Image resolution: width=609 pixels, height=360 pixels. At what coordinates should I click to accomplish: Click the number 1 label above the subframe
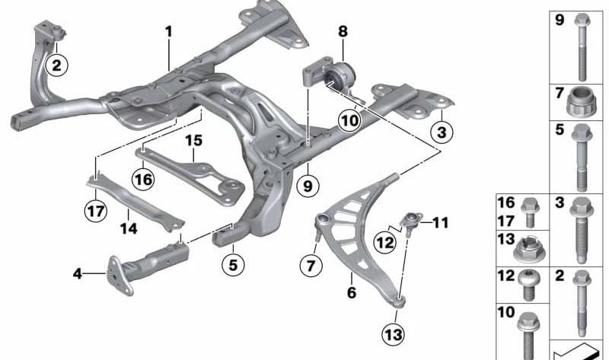(x=168, y=31)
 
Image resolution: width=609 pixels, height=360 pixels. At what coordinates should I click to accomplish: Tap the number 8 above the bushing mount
(x=343, y=31)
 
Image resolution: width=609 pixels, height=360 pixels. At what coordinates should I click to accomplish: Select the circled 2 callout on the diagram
(x=56, y=65)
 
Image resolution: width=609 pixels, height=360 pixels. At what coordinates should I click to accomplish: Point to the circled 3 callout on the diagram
(x=442, y=132)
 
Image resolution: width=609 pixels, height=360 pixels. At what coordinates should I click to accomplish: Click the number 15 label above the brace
(x=193, y=140)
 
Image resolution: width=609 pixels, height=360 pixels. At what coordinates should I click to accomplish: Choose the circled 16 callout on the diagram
(x=143, y=180)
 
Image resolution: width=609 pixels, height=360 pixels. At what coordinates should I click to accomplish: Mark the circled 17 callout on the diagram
(x=96, y=211)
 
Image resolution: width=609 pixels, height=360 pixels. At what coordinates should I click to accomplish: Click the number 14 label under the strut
(x=129, y=228)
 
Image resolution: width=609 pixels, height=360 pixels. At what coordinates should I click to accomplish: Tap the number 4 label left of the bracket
(x=78, y=274)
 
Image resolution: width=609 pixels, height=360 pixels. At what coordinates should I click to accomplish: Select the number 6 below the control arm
(x=352, y=292)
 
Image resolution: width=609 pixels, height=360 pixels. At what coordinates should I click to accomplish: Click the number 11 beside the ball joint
(x=441, y=222)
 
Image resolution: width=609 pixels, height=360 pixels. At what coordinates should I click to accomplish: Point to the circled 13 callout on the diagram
(x=393, y=334)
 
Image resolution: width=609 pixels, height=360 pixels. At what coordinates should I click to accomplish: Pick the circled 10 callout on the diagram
(x=349, y=120)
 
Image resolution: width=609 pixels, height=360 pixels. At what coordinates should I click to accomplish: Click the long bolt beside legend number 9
(x=582, y=48)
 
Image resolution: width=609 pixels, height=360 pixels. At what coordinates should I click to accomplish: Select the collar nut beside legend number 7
(x=581, y=102)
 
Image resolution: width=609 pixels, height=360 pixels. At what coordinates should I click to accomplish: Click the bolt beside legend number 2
(x=582, y=304)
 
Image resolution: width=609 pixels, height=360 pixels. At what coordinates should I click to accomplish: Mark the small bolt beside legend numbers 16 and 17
(x=530, y=212)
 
